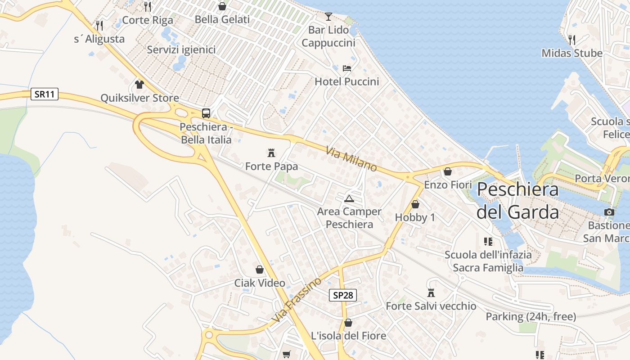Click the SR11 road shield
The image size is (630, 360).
(x=45, y=94)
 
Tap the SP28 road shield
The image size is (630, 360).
(x=343, y=295)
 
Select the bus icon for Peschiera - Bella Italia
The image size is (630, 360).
(x=206, y=113)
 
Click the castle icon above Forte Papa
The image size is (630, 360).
(x=271, y=153)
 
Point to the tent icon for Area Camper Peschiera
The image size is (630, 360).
(x=349, y=198)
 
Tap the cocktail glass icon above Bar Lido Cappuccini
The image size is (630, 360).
(x=328, y=17)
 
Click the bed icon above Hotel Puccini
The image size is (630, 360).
(x=347, y=68)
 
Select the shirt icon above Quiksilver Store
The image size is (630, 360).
(x=139, y=85)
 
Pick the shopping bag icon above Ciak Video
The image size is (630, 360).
(x=260, y=270)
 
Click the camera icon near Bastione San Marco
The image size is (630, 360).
(x=609, y=212)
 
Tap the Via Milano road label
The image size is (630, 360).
(x=351, y=159)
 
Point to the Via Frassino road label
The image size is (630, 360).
(x=297, y=299)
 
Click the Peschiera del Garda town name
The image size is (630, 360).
(x=517, y=200)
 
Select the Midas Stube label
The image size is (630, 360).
(x=571, y=53)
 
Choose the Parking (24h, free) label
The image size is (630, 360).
(x=531, y=317)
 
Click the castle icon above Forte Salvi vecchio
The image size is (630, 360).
(x=431, y=293)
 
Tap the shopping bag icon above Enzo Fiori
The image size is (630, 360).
(x=448, y=171)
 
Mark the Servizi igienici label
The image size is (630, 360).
(x=181, y=49)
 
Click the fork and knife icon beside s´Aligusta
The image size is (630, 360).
(x=99, y=25)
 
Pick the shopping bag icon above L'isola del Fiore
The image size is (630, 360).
(x=348, y=323)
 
